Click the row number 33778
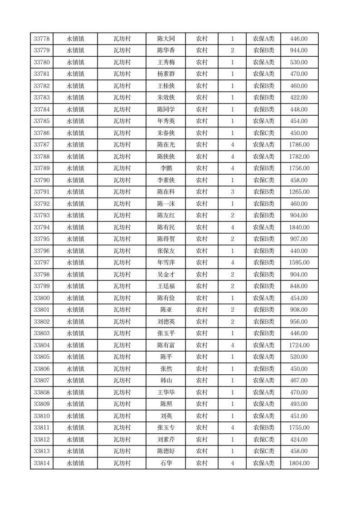coord(42,39)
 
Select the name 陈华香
coord(166,51)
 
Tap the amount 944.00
coord(299,51)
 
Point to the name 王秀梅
coord(166,63)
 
